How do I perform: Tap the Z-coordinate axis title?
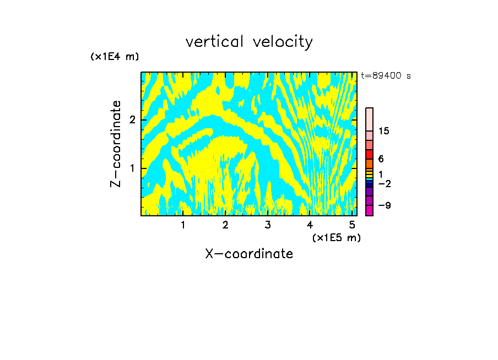[x=116, y=144]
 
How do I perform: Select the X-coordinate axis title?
[x=249, y=254]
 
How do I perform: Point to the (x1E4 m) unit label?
[x=115, y=57]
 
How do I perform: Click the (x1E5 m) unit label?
[x=336, y=237]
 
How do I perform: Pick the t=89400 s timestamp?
[x=386, y=76]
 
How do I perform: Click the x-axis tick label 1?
[x=183, y=225]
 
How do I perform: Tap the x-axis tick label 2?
[x=225, y=225]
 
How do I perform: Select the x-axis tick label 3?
[x=268, y=225]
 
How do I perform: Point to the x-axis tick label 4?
[x=310, y=225]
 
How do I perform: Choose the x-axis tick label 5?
[x=352, y=225]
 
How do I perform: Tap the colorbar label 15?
[x=384, y=131]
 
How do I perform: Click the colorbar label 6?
[x=381, y=159]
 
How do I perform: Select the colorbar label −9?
[x=384, y=205]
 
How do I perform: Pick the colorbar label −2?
[x=384, y=183]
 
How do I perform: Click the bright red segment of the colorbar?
[x=370, y=155]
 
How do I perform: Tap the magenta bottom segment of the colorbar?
[x=370, y=210]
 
